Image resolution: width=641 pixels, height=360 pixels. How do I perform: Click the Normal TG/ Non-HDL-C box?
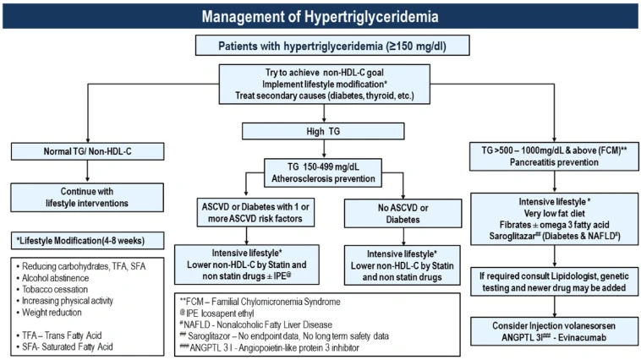(87, 151)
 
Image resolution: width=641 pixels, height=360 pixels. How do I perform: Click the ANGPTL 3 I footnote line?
(283, 347)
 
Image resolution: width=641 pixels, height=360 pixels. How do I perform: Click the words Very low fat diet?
(550, 215)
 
